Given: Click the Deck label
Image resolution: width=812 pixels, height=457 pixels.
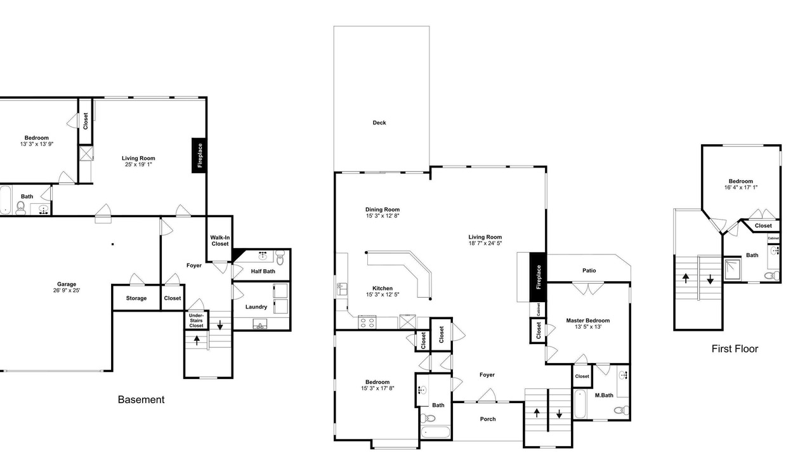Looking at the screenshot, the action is pos(379,123).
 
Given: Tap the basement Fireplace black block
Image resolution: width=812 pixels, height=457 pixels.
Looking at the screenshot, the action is pos(199,156).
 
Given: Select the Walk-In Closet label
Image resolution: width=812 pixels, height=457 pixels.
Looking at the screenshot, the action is pos(219,241).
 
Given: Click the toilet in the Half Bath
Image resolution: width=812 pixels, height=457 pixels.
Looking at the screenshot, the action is pos(280,257).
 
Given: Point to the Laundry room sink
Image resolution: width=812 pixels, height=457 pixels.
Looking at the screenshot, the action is pos(260,324).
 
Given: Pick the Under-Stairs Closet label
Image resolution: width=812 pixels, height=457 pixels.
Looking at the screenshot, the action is pos(196,321).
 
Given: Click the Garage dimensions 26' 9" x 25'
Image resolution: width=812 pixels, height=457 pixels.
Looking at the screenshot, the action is pos(67,290).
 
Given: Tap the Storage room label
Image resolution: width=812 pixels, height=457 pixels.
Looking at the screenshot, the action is pos(136,298).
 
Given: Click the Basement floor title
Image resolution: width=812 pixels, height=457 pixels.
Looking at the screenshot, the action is pos(141,399).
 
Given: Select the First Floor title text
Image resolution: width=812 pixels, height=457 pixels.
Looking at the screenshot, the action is pos(735,348).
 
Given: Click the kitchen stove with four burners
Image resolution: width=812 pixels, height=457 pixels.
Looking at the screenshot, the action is pos(367,322).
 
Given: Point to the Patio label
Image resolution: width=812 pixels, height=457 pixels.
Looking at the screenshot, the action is pos(589,270).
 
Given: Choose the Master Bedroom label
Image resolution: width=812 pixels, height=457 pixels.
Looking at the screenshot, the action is pos(588,321).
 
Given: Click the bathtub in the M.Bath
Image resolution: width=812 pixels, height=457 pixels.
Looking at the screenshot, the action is pos(580,404).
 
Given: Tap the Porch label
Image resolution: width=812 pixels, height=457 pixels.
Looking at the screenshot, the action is pos(488,419).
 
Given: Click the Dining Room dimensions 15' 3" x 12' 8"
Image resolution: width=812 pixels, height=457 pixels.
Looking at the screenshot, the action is pos(383,216).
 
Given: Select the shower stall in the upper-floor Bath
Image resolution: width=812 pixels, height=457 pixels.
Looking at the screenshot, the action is pos(733,268).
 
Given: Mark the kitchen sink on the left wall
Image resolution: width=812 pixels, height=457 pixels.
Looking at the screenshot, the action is pos(342,289).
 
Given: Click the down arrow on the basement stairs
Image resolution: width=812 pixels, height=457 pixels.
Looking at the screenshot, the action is pos(219,325).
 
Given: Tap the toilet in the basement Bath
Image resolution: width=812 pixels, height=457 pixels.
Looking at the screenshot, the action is pos(21,208).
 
